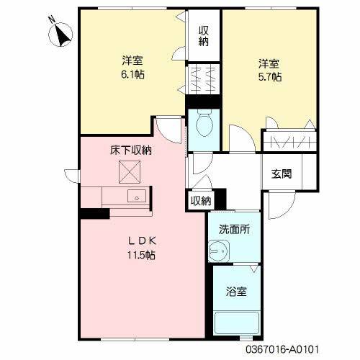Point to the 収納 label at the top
click(x=204, y=35)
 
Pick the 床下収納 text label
click(x=130, y=150)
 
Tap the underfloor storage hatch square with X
click(x=130, y=172)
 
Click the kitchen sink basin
click(x=135, y=196)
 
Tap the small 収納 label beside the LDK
click(x=201, y=201)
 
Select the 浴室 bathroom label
click(x=235, y=292)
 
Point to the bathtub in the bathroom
click(x=235, y=323)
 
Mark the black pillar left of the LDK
click(x=94, y=213)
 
